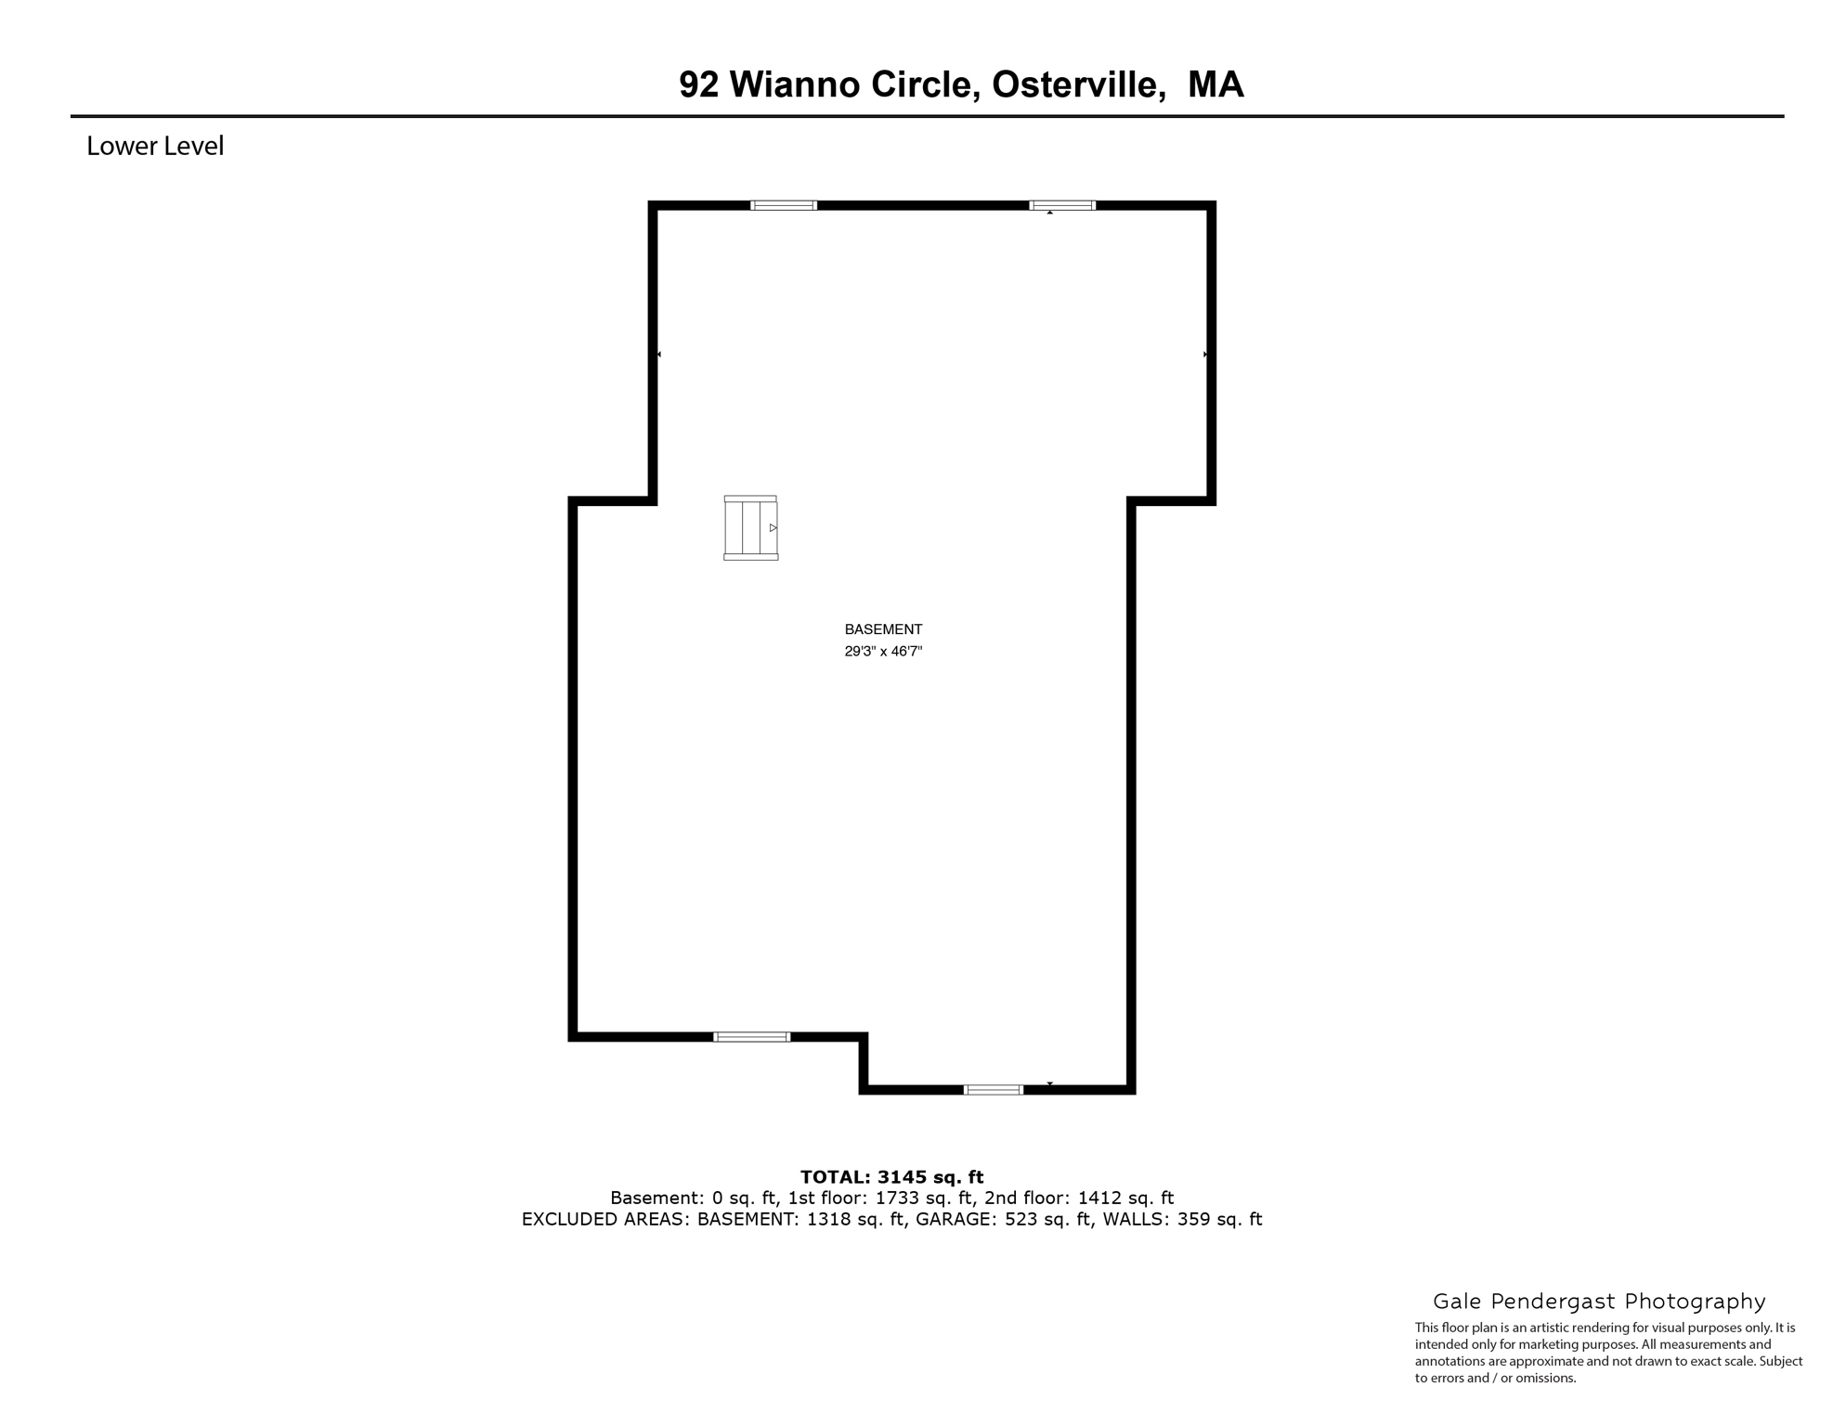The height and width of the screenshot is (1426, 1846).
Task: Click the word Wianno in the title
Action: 796,85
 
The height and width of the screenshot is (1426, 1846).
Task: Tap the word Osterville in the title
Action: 1079,85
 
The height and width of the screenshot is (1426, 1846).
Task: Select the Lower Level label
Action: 155,147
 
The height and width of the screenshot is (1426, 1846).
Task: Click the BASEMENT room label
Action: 883,629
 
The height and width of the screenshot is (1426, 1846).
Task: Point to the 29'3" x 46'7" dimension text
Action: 883,652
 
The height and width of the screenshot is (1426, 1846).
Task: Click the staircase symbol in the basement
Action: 750,528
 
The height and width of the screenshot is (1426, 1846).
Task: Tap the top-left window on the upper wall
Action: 784,205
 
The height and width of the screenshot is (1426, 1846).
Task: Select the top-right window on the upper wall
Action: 1062,205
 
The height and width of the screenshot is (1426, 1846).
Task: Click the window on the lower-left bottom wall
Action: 751,1037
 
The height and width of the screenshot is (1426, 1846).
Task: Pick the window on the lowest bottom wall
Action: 993,1090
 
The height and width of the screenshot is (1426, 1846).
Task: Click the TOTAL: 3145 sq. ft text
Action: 891,1178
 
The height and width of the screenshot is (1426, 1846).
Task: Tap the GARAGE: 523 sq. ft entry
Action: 1004,1220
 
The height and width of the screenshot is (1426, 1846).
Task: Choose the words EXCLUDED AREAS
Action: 604,1220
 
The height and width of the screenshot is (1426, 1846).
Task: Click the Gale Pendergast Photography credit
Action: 1599,1302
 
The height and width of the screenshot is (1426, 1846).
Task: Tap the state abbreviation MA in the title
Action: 1215,85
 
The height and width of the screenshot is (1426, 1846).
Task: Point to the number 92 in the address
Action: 698,85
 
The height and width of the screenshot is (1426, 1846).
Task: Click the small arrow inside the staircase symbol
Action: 773,528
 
